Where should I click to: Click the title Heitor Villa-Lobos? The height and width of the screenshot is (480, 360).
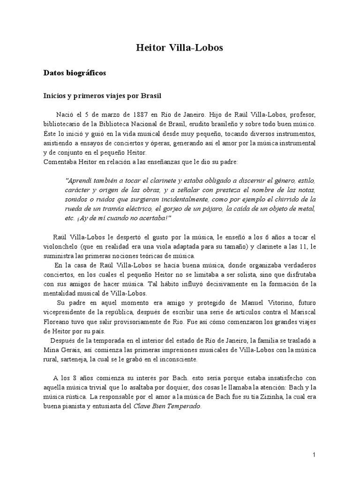(x=180, y=48)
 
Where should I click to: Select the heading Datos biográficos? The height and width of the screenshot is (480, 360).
(x=75, y=73)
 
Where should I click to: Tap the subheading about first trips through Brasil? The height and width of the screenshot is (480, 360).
(x=102, y=96)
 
